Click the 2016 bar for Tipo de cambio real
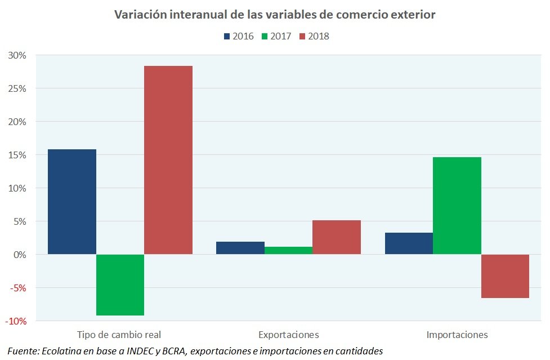pyautogui.click(x=72, y=202)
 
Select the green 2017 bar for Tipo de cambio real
pyautogui.click(x=120, y=285)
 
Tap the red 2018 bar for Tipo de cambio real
pyautogui.click(x=168, y=160)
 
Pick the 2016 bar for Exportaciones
pyautogui.click(x=240, y=248)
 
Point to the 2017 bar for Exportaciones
pyautogui.click(x=288, y=251)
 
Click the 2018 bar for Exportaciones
pyautogui.click(x=337, y=237)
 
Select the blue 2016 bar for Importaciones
pyautogui.click(x=409, y=243)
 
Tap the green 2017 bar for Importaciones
pyautogui.click(x=457, y=206)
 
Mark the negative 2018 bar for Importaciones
pyautogui.click(x=505, y=276)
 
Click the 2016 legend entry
pyautogui.click(x=239, y=36)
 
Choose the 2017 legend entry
pyautogui.click(x=276, y=36)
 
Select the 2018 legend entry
pyautogui.click(x=314, y=36)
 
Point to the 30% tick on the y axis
pyautogui.click(x=17, y=55)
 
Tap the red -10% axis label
pyautogui.click(x=16, y=321)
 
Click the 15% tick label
pyautogui.click(x=17, y=155)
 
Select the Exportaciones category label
pyautogui.click(x=288, y=335)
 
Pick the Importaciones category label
pyautogui.click(x=457, y=335)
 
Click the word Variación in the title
pyautogui.click(x=137, y=15)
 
